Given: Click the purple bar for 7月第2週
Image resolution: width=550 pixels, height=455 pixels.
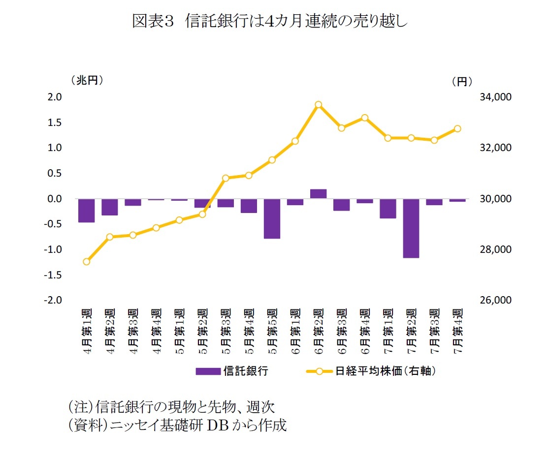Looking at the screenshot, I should coord(411,228).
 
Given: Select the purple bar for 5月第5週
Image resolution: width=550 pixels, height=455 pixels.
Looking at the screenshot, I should coord(272,218).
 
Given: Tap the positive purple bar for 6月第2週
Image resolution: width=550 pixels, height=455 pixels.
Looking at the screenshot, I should coord(318,194).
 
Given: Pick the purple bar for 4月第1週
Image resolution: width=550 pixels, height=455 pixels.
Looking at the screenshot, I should coord(86,211).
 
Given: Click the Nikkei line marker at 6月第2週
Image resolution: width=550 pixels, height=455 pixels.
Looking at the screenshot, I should coord(318,105).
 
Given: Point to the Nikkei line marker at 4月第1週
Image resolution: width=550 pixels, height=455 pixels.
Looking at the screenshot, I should coord(87,262).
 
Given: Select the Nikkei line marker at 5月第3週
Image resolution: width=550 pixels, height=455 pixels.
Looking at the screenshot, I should coord(226,178).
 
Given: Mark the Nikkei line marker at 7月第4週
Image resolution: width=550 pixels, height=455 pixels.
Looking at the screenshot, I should coord(457,128).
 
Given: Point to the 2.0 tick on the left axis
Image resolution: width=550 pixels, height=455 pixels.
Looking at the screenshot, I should coord(55,97).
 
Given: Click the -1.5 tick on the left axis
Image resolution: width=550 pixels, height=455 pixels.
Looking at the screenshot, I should coord(53,275).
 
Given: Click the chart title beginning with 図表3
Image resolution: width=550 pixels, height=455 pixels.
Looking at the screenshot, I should coord(270,21).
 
